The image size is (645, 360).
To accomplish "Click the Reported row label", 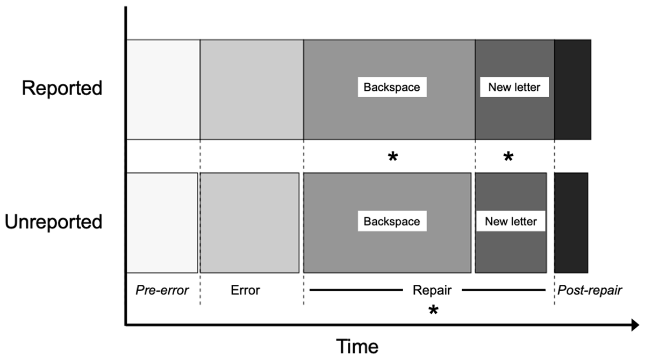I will pos(62,88).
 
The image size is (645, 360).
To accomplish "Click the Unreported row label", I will pos(54,221).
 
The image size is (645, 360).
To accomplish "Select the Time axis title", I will pos(357,346).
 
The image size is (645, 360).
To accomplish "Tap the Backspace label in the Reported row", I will pos(392,87).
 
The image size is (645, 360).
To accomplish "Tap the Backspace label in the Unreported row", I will pos(392,221).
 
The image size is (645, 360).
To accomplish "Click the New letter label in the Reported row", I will pos(514,87).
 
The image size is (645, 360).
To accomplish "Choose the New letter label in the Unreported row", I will pos(511,221).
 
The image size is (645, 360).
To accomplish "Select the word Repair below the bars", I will pos(432,291).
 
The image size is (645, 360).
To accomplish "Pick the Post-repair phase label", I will pos(590,291).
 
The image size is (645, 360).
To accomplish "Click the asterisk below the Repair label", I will pos(433,311).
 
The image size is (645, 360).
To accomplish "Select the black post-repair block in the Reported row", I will pos(572,89).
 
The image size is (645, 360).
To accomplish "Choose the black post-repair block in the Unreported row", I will pos(571,222).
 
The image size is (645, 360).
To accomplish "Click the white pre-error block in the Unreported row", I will pos(162,222).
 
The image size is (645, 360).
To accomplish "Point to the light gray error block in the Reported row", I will pos(252,89).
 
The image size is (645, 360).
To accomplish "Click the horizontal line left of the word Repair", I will pos(356,291).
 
